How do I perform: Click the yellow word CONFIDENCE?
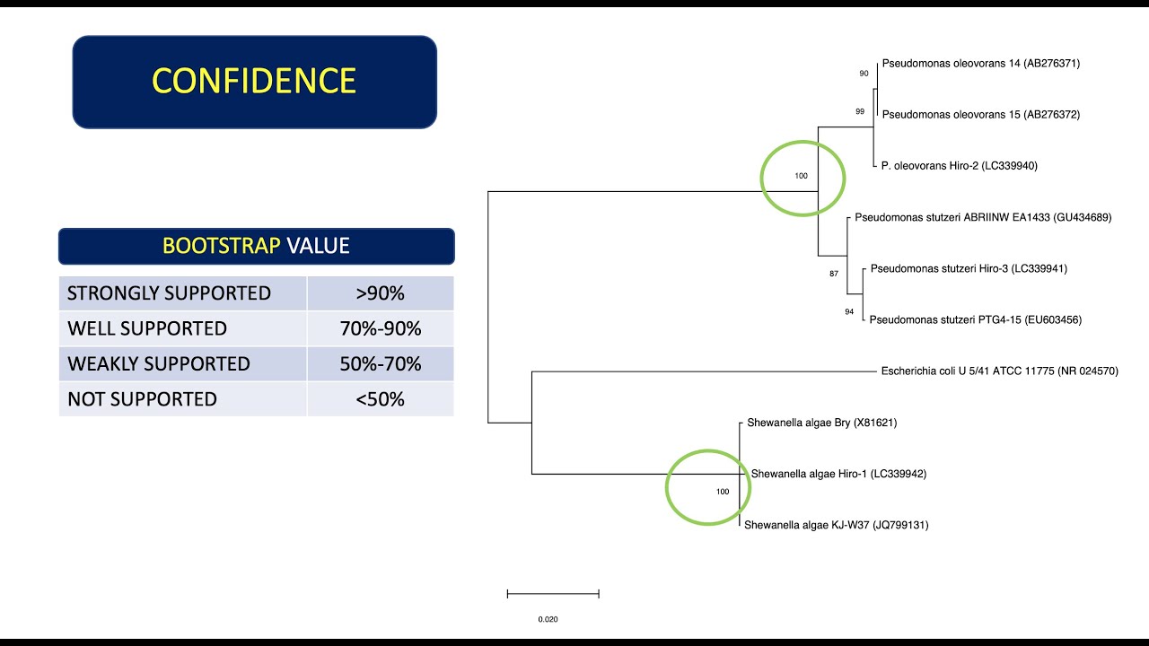(254, 81)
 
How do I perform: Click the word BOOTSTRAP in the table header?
(221, 246)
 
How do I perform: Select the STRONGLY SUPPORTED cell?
(169, 293)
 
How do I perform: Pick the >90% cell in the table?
(380, 293)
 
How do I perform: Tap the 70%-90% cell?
(380, 328)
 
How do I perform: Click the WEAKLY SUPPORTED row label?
(158, 363)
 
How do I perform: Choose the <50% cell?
(380, 399)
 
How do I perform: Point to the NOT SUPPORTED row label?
(142, 399)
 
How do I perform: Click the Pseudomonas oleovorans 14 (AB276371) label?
(981, 64)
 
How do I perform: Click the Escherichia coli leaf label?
(1000, 371)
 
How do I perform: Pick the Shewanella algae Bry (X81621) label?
(821, 423)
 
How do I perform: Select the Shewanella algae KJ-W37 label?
(837, 525)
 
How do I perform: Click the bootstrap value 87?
(834, 274)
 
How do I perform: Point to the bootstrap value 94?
(849, 312)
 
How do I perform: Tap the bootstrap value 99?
(860, 111)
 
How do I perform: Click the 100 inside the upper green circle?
(801, 176)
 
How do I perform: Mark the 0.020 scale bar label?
(548, 619)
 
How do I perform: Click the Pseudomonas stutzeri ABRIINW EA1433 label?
(983, 217)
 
